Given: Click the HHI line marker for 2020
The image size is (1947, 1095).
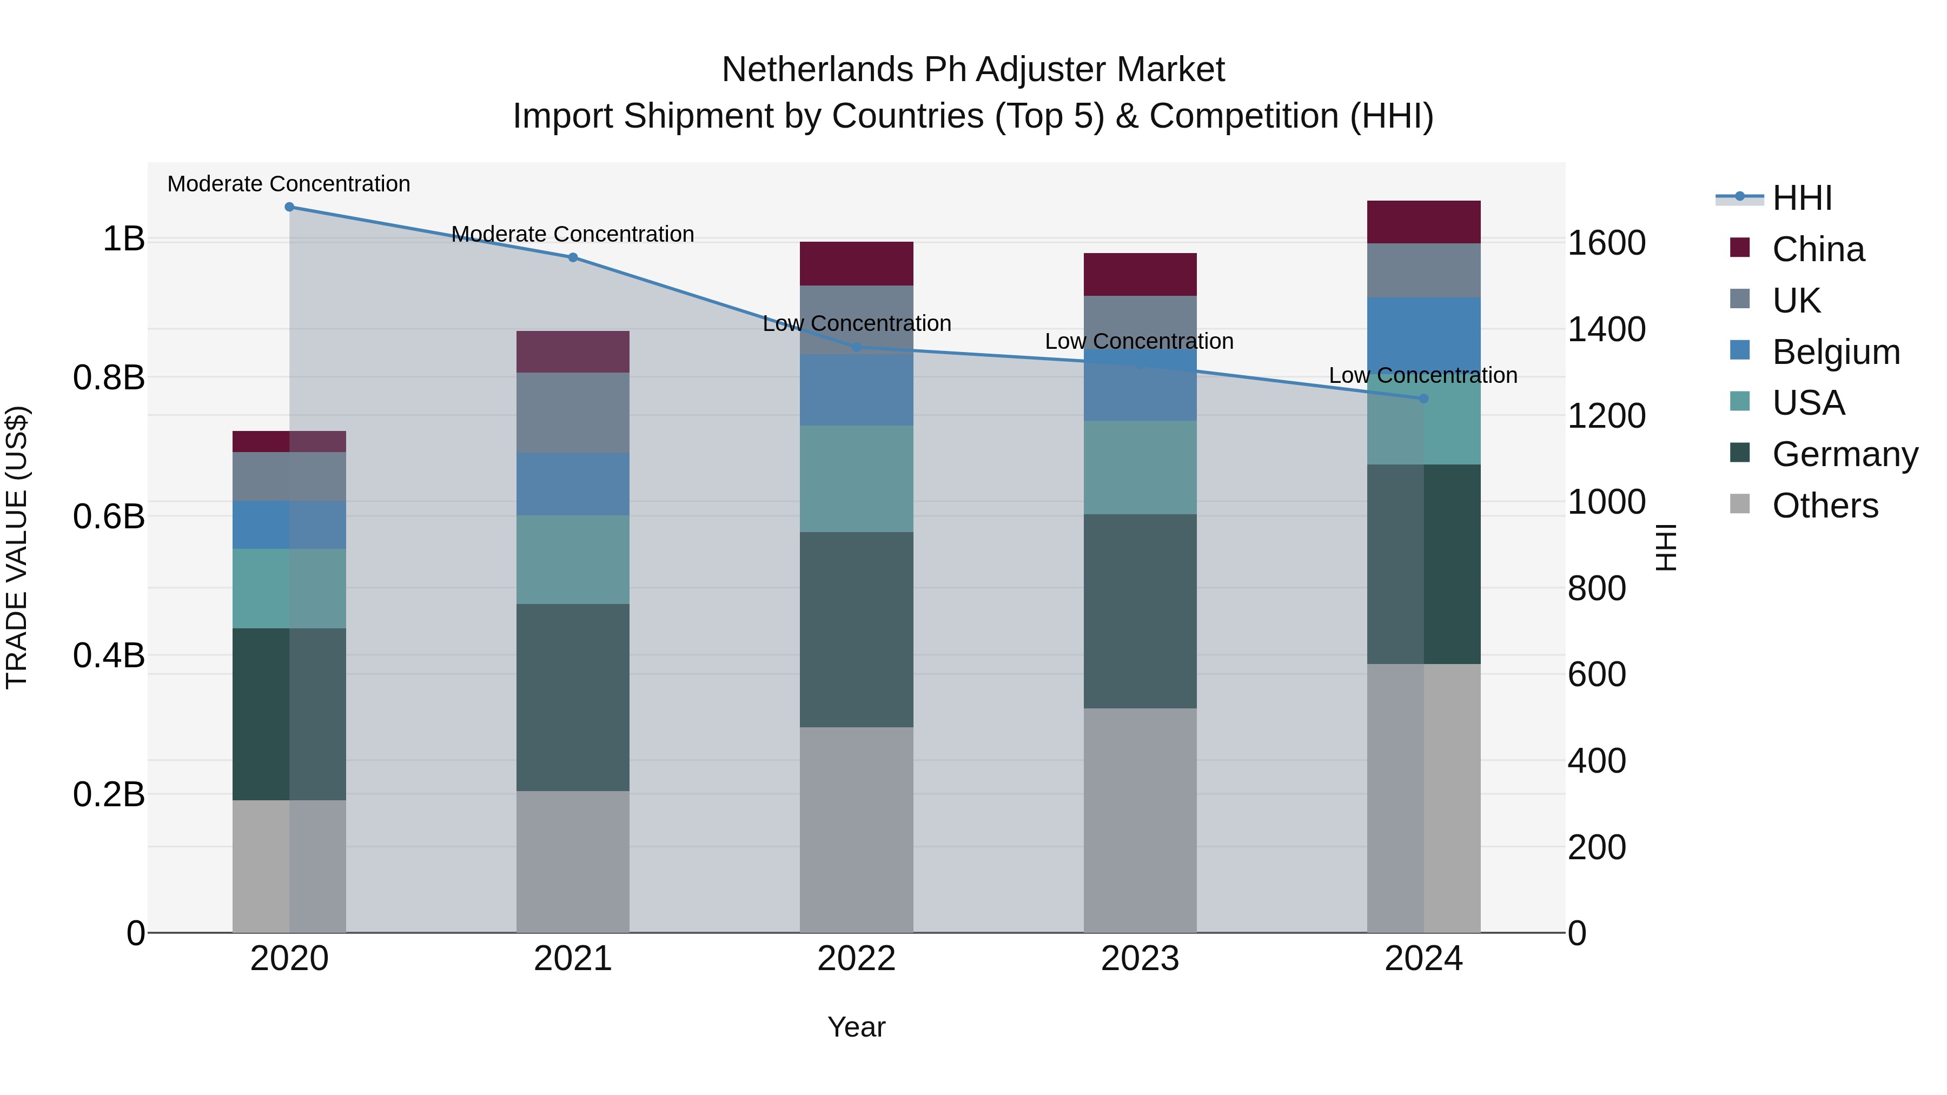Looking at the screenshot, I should point(289,207).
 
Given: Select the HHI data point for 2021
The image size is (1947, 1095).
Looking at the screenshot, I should point(573,258).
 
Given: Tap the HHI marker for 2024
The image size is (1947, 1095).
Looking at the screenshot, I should point(1424,398).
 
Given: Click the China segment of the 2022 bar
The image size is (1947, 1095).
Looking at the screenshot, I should point(856,264).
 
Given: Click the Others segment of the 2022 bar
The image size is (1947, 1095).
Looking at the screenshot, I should point(856,829).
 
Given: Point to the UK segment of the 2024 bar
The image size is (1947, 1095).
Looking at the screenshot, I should point(1424,270).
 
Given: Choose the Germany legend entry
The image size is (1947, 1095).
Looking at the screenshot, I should point(1844,454).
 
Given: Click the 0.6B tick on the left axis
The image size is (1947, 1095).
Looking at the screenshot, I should point(109,517).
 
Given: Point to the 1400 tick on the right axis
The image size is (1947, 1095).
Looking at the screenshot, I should point(1606,329).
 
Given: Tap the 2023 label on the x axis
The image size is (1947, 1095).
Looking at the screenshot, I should point(1140,959).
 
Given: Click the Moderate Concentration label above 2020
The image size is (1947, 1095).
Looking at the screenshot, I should point(289,184).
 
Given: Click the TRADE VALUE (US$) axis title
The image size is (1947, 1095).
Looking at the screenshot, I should point(17,547).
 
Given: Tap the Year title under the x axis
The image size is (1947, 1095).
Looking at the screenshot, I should point(856,1027).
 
